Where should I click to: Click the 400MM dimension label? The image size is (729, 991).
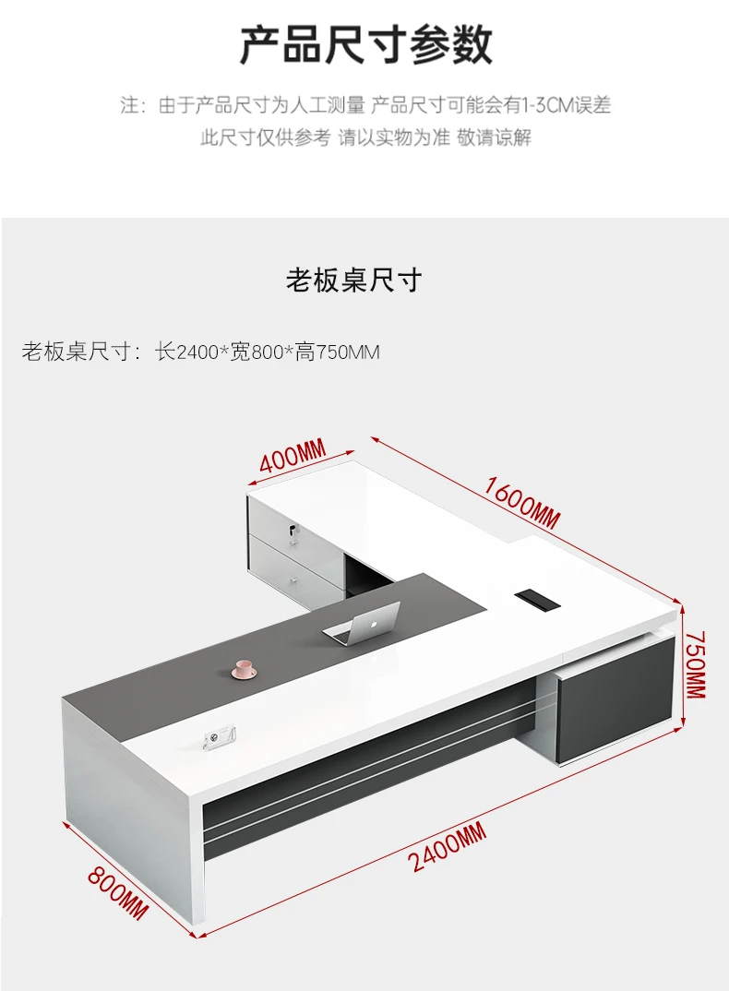click(x=293, y=458)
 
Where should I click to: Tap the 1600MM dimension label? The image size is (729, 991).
click(x=522, y=501)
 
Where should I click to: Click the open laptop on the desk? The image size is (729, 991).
click(x=364, y=624)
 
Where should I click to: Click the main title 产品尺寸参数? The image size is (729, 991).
click(x=366, y=44)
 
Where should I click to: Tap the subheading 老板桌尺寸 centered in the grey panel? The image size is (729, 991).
click(x=353, y=280)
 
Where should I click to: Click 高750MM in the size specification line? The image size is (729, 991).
click(x=337, y=352)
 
